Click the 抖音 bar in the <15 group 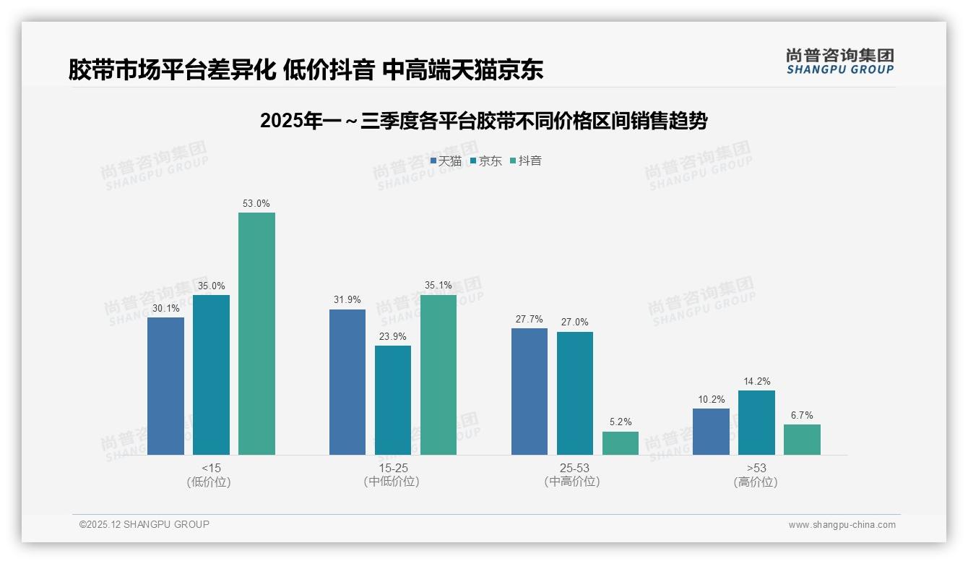(x=256, y=333)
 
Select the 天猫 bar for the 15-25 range (x=347, y=382)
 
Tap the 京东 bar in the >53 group (x=756, y=422)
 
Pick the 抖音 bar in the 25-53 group (x=621, y=443)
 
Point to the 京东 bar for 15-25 (x=393, y=400)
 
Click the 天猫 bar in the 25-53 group (x=530, y=391)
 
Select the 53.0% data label (x=256, y=204)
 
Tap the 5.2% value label (x=621, y=422)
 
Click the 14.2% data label (x=756, y=381)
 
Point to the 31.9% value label (x=347, y=300)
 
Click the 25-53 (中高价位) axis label (x=574, y=475)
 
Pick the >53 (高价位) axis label (x=756, y=475)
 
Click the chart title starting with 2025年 (x=483, y=121)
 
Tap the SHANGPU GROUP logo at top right (x=840, y=61)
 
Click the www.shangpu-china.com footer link (x=842, y=525)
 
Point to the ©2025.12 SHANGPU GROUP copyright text (x=144, y=524)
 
